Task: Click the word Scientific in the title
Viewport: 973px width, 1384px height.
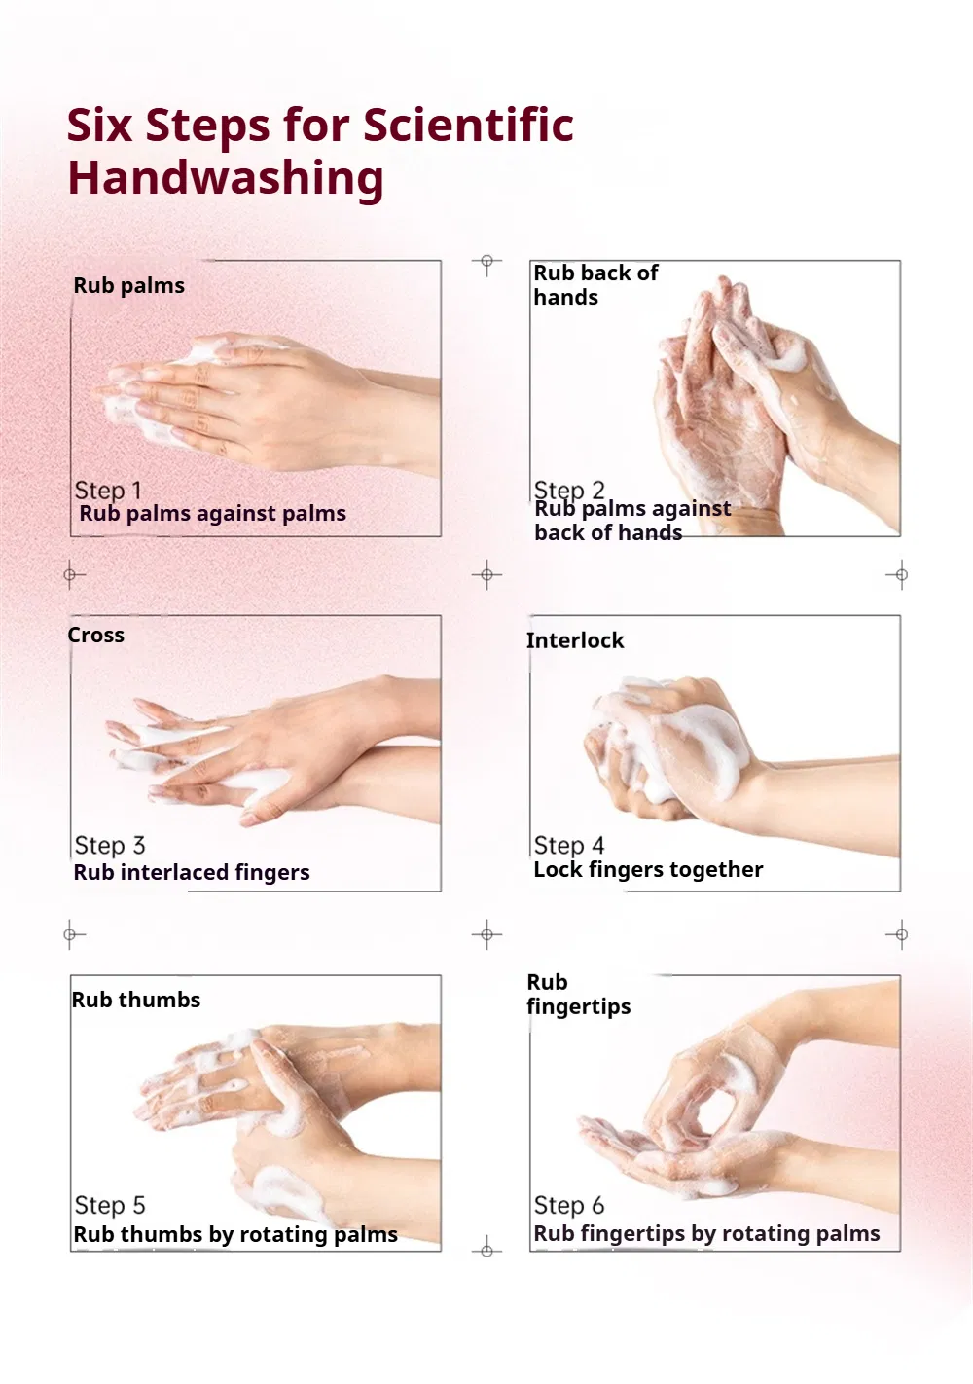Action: click(468, 125)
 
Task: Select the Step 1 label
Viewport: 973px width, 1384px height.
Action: click(108, 490)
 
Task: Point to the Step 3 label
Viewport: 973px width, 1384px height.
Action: click(109, 845)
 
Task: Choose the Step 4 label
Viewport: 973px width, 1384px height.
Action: click(569, 845)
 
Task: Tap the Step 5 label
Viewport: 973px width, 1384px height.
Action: click(109, 1205)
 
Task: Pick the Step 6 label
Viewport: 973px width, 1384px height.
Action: click(569, 1205)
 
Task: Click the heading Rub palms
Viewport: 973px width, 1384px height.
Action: click(129, 286)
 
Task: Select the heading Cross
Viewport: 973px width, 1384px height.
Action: click(95, 636)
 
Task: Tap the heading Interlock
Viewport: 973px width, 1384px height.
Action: click(575, 640)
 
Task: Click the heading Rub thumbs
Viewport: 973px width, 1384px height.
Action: click(136, 1000)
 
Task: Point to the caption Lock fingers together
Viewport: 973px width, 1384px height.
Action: click(648, 870)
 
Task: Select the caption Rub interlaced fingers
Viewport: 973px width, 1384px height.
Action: click(192, 872)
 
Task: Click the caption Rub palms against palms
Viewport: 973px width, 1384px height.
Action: click(212, 514)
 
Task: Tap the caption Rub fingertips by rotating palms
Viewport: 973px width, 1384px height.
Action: click(706, 1233)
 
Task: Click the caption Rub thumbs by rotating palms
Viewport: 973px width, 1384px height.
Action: click(235, 1234)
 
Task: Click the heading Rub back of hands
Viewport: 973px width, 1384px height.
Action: click(595, 285)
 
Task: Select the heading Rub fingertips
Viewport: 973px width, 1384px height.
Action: click(578, 994)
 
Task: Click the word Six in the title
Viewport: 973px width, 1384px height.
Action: click(99, 125)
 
